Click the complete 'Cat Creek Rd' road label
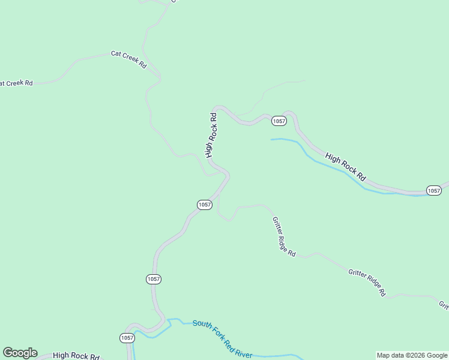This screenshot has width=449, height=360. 129,59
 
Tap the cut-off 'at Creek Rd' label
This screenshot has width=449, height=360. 16,83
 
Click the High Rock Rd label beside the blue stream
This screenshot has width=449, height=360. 345,167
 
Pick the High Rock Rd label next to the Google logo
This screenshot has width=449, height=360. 76,356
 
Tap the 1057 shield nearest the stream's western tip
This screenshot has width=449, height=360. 279,121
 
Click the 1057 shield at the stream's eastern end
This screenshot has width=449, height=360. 434,190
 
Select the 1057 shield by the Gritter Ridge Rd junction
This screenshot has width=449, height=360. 205,205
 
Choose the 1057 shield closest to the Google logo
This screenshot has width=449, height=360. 127,338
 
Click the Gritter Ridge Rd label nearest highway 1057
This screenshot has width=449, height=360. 284,237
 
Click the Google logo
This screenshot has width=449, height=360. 20,353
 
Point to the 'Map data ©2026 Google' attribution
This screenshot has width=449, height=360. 412,355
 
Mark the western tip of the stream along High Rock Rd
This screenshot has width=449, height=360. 271,139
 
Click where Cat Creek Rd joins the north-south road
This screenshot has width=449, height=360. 159,77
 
